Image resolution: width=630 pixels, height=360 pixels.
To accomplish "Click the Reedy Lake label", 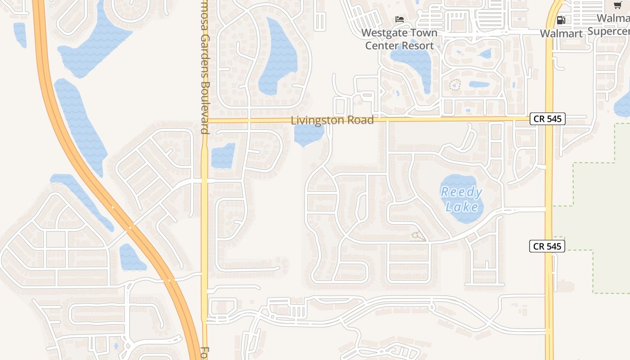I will point(461,199).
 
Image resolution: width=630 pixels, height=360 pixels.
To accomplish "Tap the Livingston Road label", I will point(332,120).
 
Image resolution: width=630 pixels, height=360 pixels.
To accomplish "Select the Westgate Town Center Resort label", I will point(399,39).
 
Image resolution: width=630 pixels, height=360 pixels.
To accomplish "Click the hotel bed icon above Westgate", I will point(399,19).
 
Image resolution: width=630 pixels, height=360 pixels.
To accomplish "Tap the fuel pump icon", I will point(561,20).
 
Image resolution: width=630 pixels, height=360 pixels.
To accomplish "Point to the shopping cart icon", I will point(617,5).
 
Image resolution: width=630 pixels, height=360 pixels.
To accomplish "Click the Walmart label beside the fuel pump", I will point(561,33).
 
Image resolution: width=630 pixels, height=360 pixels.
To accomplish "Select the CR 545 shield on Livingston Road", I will point(547,119).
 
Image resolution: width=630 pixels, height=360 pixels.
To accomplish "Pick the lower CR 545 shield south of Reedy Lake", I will point(547,246).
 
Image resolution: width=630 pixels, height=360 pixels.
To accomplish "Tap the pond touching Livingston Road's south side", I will point(308,135).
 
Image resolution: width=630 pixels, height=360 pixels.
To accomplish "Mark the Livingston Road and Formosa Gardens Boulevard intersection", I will point(205,121).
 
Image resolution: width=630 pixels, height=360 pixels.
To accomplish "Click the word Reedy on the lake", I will point(461,193).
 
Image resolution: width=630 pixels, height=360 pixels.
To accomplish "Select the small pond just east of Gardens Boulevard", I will point(223,155).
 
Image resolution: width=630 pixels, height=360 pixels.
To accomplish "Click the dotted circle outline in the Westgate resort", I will point(455,85).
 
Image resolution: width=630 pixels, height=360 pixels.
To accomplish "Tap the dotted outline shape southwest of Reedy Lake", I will point(418,236).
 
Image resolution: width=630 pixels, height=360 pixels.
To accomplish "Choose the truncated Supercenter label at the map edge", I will point(608,31).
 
